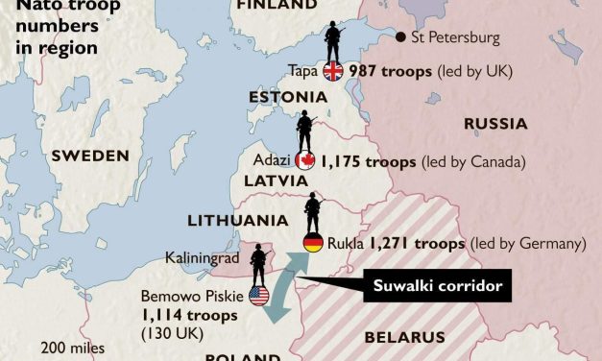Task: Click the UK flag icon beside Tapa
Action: [333, 70]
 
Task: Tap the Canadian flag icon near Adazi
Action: [306, 161]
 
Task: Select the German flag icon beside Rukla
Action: [313, 243]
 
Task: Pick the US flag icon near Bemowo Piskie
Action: [258, 298]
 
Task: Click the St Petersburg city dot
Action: [399, 37]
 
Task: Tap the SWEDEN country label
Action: [90, 156]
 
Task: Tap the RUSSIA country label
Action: [494, 123]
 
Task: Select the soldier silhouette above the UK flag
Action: [334, 40]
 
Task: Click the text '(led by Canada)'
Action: [472, 161]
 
